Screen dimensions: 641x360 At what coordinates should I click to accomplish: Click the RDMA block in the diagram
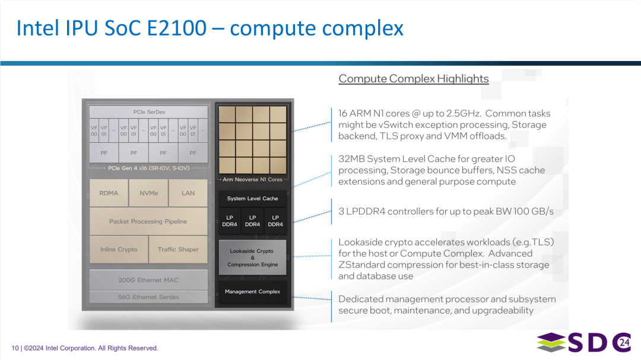click(109, 193)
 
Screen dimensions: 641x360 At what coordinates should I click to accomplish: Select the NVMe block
click(148, 193)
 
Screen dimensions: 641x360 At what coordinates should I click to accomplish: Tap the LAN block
click(188, 193)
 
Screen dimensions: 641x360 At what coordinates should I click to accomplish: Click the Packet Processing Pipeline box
click(148, 221)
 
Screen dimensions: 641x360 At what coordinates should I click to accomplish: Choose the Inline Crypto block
click(119, 250)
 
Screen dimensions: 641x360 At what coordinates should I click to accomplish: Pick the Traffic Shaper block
click(178, 250)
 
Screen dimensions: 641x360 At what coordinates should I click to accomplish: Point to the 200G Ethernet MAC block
click(148, 280)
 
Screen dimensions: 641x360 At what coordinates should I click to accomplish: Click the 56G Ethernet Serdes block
click(148, 297)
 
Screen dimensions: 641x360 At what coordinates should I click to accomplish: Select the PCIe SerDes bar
click(148, 112)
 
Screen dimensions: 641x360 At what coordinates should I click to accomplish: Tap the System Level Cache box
click(252, 199)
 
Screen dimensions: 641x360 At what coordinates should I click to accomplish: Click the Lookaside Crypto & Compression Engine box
click(252, 257)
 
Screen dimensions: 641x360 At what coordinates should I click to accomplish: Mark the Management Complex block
click(252, 292)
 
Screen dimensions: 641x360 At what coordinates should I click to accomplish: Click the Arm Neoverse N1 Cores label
click(252, 179)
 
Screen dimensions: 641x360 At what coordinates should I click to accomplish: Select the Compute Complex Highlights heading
click(413, 79)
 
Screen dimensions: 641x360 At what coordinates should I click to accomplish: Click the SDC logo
click(584, 342)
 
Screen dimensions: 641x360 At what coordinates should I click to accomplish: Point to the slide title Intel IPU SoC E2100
click(210, 28)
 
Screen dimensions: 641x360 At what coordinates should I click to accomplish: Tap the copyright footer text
click(85, 348)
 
